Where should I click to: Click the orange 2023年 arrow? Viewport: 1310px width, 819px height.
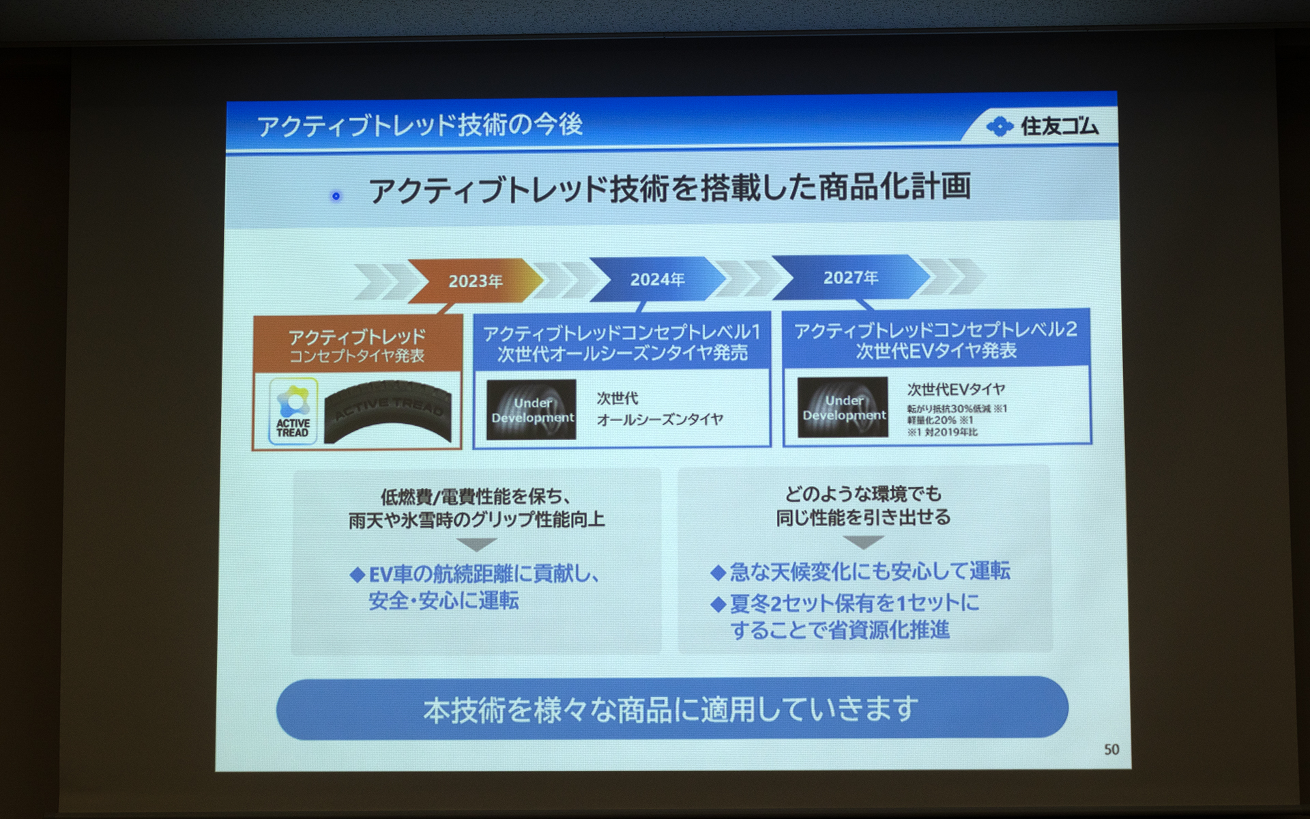click(476, 281)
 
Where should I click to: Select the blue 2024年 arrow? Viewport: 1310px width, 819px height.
click(657, 279)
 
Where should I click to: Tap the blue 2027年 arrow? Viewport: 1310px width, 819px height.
click(850, 277)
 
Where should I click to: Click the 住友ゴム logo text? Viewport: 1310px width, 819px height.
click(1059, 126)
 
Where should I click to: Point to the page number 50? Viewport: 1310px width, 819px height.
click(1111, 749)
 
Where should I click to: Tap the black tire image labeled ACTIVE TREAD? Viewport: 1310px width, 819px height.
click(388, 412)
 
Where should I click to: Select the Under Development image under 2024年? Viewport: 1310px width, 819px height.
click(532, 409)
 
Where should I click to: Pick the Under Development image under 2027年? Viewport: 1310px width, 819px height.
click(843, 407)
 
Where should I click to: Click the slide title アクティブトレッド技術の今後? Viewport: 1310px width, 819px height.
click(420, 125)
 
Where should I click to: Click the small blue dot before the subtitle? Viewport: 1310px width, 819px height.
click(336, 196)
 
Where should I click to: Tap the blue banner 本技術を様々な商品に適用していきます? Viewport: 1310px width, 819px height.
click(671, 708)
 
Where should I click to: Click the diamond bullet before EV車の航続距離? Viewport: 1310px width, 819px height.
click(357, 575)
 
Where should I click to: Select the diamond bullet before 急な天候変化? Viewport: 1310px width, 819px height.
click(717, 572)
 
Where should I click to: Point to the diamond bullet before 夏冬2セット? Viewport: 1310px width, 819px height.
click(717, 604)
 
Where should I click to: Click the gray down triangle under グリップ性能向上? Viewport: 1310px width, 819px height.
click(476, 545)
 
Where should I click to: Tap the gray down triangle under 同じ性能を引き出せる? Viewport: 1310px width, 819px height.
click(863, 542)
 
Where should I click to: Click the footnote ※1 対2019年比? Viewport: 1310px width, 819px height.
click(942, 432)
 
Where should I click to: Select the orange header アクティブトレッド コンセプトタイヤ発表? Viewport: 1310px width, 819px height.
click(357, 345)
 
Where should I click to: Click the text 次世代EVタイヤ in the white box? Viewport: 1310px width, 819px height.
click(955, 389)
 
